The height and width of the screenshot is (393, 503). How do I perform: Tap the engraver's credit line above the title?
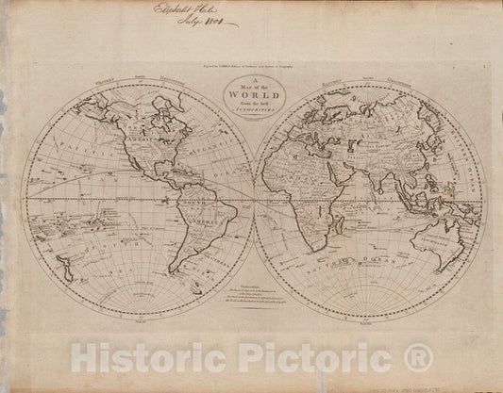pyautogui.click(x=251, y=68)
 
